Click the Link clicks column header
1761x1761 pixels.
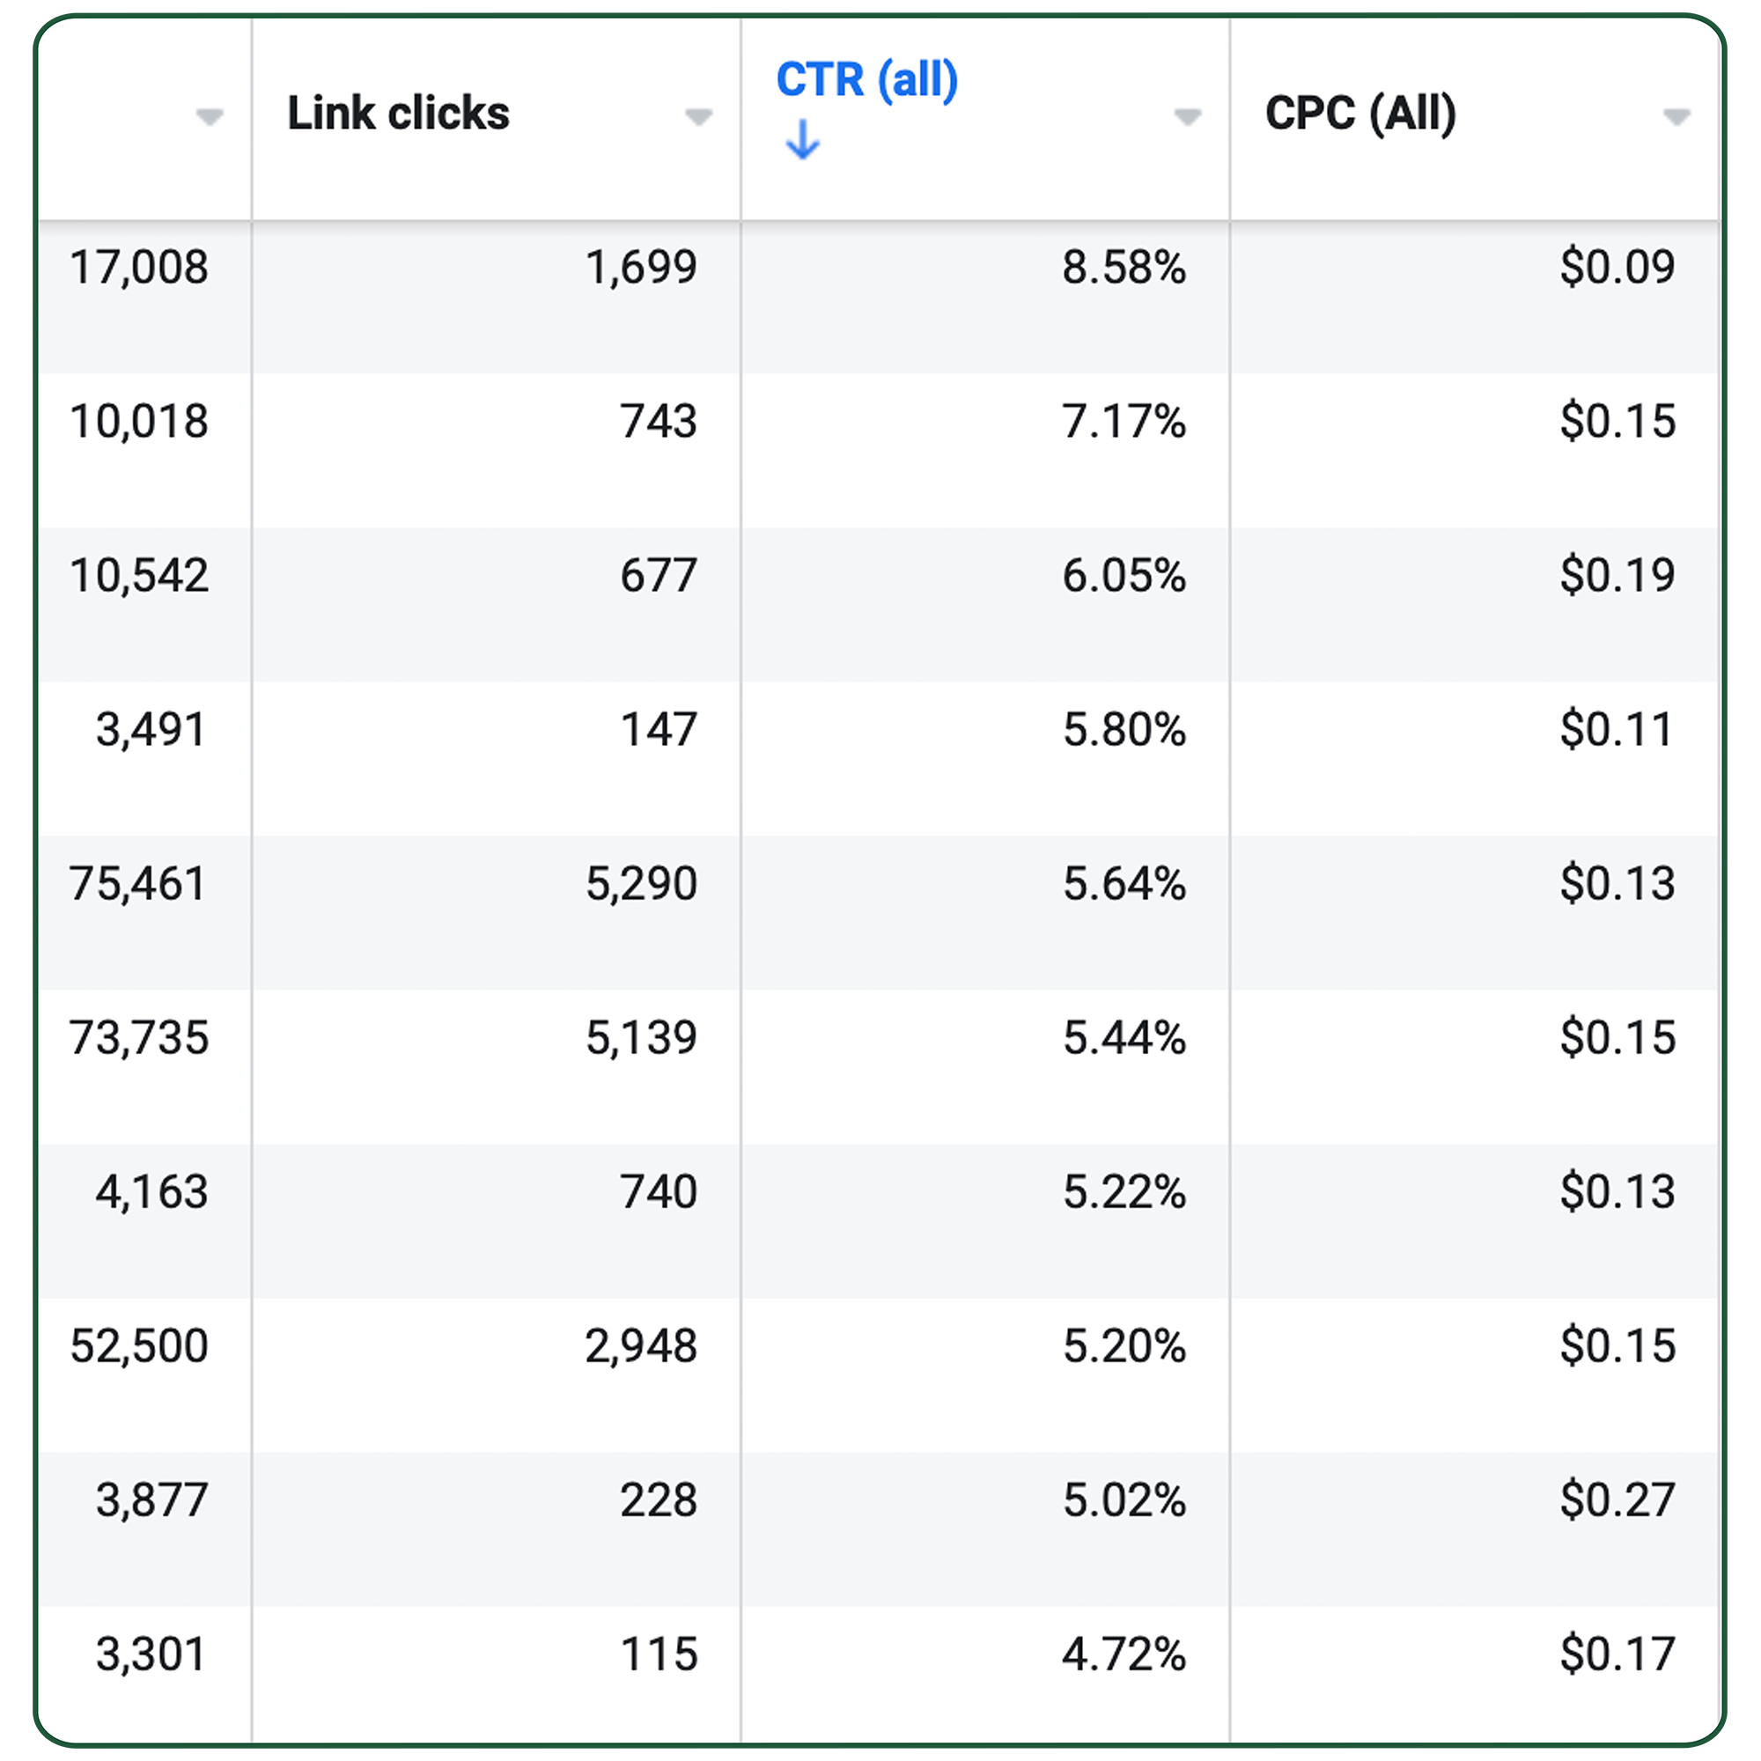[398, 114]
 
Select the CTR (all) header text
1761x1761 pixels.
[866, 80]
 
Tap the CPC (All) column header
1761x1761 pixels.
[1360, 114]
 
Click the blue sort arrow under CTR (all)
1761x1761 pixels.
[802, 140]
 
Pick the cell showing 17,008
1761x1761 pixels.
[139, 268]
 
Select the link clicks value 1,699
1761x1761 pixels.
[641, 268]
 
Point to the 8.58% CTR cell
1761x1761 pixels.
[1123, 268]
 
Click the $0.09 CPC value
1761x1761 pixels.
[1617, 268]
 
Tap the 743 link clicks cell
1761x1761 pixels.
[658, 422]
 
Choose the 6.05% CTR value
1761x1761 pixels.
[1123, 576]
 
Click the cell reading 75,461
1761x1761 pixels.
[137, 884]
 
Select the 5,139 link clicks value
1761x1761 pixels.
[641, 1038]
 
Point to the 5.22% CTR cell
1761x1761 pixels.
[1123, 1192]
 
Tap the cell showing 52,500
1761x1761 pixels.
[139, 1346]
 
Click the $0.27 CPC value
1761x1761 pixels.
[1617, 1500]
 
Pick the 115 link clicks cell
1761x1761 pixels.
[658, 1654]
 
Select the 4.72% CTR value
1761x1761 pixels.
[1123, 1654]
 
